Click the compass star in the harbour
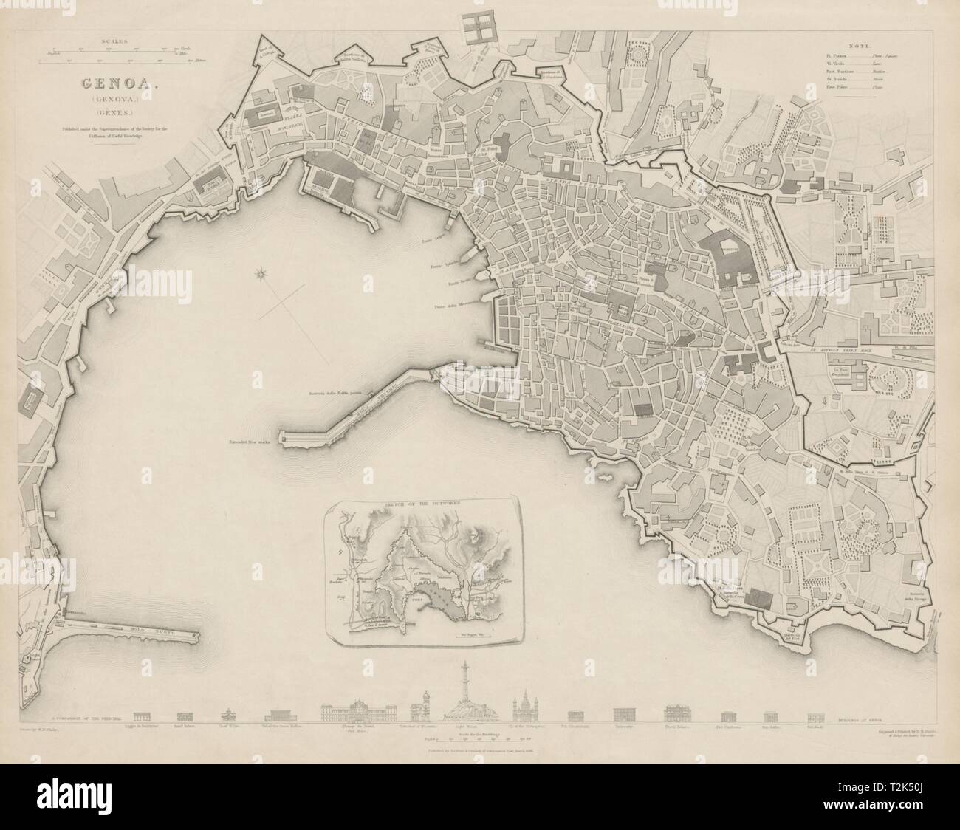[260, 275]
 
